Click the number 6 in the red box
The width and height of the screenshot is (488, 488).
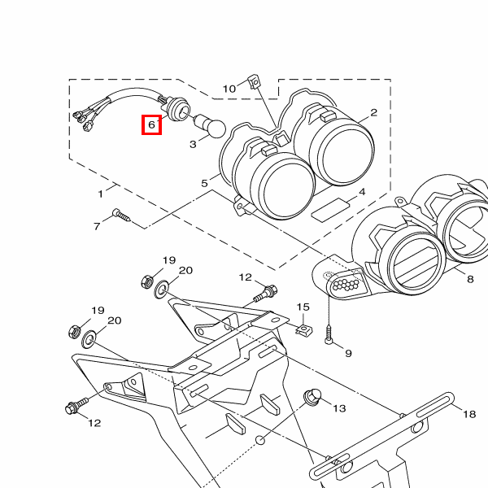click(151, 124)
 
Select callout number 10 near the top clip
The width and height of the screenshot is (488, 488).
click(229, 89)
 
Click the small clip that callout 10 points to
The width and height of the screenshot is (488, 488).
click(254, 81)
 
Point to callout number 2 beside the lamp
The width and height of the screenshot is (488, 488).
click(374, 112)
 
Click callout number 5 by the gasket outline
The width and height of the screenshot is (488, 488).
click(204, 183)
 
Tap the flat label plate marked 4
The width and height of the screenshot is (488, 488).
click(330, 210)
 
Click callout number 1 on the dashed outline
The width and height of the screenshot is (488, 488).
click(100, 194)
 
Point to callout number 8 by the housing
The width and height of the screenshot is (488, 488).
click(470, 279)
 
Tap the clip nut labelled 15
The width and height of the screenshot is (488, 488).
click(303, 329)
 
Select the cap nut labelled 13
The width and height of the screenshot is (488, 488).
click(312, 396)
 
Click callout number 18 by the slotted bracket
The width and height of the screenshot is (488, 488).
click(469, 414)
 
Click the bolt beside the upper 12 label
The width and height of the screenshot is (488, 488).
click(265, 293)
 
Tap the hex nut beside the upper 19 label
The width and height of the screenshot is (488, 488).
click(146, 281)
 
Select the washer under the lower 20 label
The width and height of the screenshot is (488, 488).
click(89, 339)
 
